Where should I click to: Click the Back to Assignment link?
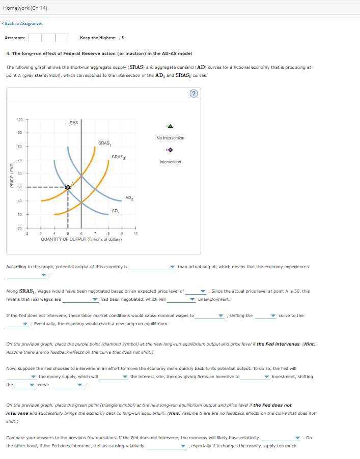pyautogui.click(x=23, y=23)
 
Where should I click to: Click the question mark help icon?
pyautogui.click(x=193, y=93)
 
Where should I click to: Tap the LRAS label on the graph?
pyautogui.click(x=72, y=123)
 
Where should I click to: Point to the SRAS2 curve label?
pyautogui.click(x=118, y=157)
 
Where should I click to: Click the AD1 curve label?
pyautogui.click(x=116, y=211)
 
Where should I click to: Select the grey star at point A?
pyautogui.click(x=68, y=187)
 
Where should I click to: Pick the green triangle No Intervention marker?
pyautogui.click(x=170, y=126)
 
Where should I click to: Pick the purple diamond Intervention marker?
pyautogui.click(x=170, y=150)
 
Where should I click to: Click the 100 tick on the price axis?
pyautogui.click(x=19, y=120)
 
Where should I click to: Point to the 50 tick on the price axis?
pyautogui.click(x=20, y=187)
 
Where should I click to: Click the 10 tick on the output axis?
pyautogui.click(x=135, y=234)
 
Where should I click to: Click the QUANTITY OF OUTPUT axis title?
pyautogui.click(x=81, y=239)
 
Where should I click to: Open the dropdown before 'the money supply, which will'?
pyautogui.click(x=22, y=377)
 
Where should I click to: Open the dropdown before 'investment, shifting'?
pyautogui.click(x=255, y=377)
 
